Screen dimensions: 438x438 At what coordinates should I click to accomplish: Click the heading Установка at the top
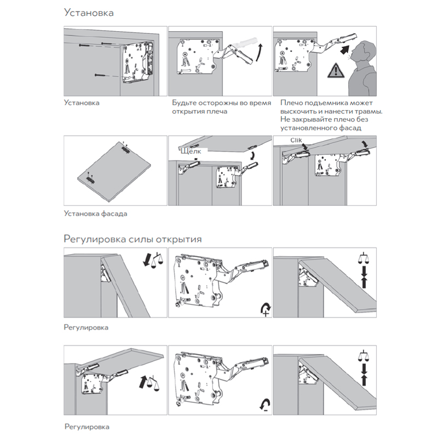coord(89,13)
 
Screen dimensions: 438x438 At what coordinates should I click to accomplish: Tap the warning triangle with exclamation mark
coord(333,71)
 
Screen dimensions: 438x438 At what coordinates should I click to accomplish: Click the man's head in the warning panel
coord(362,51)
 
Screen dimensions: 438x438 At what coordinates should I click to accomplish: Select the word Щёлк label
coord(190,150)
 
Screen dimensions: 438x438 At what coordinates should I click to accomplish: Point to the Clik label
coord(289,141)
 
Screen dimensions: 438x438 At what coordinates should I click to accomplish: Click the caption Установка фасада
coord(95,214)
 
